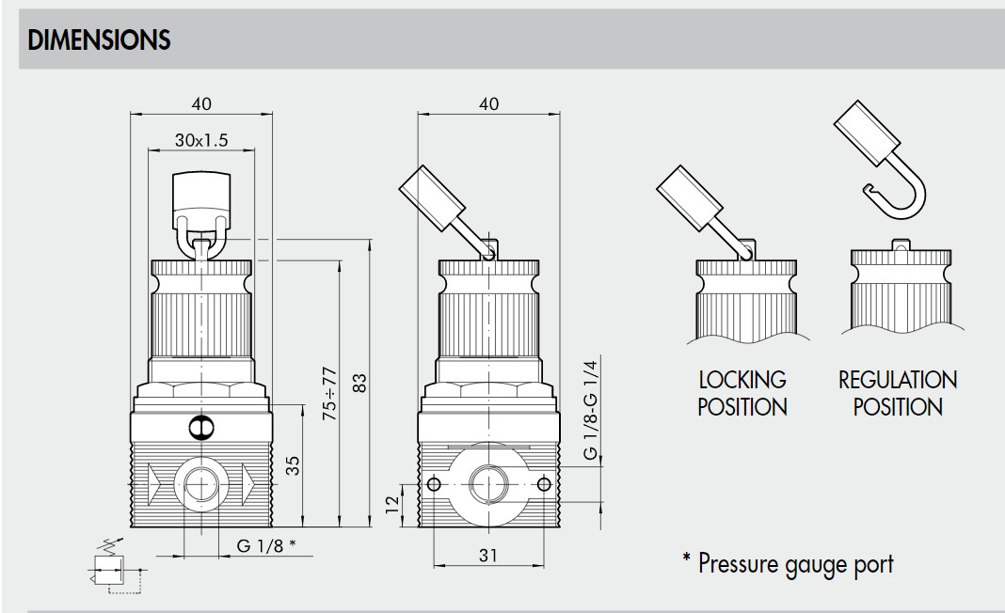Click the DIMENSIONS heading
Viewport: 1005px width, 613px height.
coord(100,39)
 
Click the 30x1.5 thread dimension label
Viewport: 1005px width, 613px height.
coord(201,140)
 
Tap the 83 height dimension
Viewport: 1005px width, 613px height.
coord(359,383)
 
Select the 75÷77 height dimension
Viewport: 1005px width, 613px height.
coord(328,393)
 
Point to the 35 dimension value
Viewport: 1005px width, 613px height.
coord(292,465)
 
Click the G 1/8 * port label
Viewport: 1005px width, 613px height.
coord(266,545)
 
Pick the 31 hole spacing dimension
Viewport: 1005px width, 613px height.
coord(488,556)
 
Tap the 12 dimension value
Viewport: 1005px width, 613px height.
coord(392,504)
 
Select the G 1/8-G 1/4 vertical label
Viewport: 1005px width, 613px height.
coord(590,410)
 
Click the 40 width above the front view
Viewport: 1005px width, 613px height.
coord(201,103)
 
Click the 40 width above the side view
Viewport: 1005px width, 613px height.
coord(488,103)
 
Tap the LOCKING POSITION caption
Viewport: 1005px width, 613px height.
coord(742,393)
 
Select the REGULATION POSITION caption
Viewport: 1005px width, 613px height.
coord(898,393)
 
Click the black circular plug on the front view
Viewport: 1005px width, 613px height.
coord(201,427)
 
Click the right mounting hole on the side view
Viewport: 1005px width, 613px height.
coord(544,483)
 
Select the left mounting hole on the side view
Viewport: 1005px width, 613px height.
coord(433,483)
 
